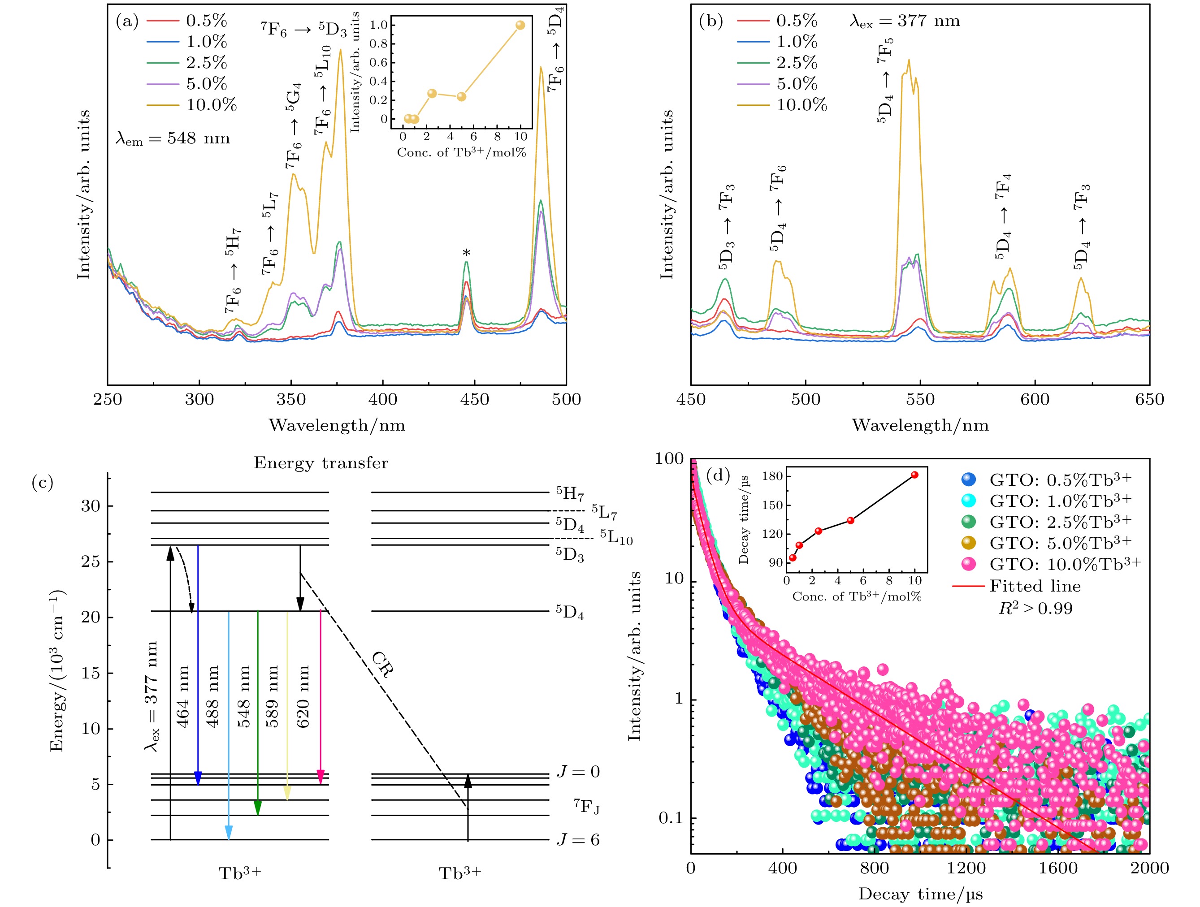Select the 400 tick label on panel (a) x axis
(x=382, y=400)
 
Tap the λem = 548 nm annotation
(x=173, y=138)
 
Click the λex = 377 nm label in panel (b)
(x=904, y=21)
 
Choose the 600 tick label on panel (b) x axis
(x=1035, y=400)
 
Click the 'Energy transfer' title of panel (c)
(x=321, y=463)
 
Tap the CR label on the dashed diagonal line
(x=382, y=665)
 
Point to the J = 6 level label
(x=578, y=840)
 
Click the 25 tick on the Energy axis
(x=91, y=561)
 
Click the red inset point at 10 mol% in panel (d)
(x=914, y=475)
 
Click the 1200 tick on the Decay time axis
(x=966, y=868)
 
